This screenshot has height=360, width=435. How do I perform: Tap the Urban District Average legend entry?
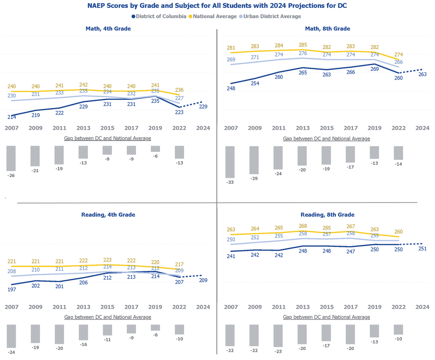click(270, 17)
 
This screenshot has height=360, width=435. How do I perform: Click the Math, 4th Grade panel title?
click(108, 29)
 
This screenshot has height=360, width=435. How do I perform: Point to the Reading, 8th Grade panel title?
click(328, 215)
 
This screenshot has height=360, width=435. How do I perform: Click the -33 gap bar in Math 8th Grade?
click(230, 162)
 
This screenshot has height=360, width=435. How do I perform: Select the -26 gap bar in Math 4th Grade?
click(11, 158)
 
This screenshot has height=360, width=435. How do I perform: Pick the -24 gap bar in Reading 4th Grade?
click(11, 336)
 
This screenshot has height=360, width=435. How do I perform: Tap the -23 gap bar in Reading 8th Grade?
click(278, 335)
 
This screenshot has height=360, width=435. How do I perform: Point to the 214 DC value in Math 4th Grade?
click(11, 117)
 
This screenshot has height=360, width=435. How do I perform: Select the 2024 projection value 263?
click(422, 74)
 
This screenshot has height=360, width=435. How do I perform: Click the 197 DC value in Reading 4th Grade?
click(11, 290)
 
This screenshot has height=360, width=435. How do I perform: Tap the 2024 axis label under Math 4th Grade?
click(203, 128)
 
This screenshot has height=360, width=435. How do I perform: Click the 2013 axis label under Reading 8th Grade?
click(303, 307)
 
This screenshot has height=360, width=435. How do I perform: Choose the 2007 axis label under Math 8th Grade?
click(231, 128)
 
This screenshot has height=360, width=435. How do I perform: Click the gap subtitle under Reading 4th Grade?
click(107, 317)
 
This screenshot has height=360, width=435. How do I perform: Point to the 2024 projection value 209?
click(203, 280)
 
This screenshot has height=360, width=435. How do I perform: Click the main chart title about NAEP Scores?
click(217, 7)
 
